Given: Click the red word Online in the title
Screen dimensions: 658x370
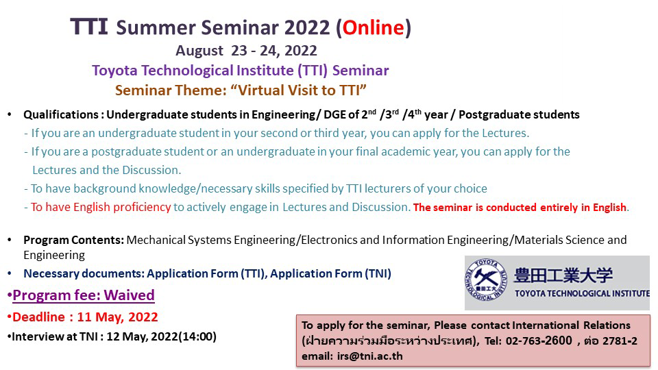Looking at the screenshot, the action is tap(373, 27).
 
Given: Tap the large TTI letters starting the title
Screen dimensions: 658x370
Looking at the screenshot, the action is tap(89, 26).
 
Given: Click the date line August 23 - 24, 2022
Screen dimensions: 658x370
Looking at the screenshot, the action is tap(246, 50).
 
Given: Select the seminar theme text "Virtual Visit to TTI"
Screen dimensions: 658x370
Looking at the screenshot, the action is tap(299, 90).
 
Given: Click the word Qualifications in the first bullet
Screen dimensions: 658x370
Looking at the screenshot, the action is tap(61, 114).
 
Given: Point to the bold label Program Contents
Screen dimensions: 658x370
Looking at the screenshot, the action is tap(73, 240).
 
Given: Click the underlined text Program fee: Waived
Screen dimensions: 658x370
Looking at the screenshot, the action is tap(84, 295).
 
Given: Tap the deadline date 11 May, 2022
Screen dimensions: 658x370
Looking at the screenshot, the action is tap(117, 317).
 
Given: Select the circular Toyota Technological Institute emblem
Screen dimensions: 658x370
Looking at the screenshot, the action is tap(486, 280).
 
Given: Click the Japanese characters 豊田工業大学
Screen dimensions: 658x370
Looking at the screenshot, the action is tap(563, 275).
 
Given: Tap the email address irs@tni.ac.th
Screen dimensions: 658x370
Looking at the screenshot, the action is tap(369, 356).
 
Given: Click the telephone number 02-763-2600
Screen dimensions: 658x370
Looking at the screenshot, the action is tap(539, 341).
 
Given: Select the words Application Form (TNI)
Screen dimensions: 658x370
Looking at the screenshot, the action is tap(330, 273).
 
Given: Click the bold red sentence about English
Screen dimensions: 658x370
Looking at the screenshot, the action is tap(520, 207).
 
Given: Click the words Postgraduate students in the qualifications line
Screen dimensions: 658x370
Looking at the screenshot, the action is tap(519, 114).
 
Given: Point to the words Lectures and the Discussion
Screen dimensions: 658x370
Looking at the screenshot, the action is tap(107, 170).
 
